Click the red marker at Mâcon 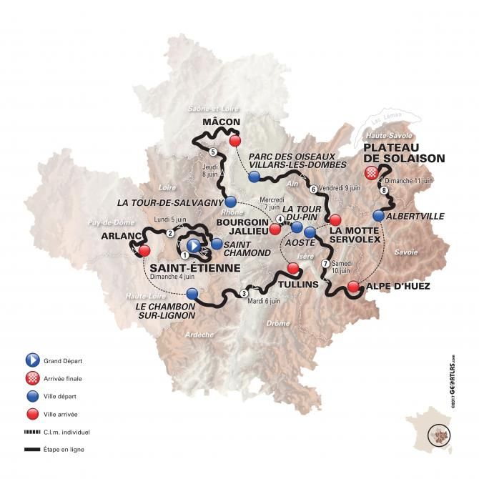point(234,142)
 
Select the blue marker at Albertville point(378,215)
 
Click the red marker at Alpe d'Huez point(353,287)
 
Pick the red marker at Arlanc point(144,251)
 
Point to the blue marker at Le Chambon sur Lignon point(192,293)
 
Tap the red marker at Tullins point(292,268)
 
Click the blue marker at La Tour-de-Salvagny point(230,202)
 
